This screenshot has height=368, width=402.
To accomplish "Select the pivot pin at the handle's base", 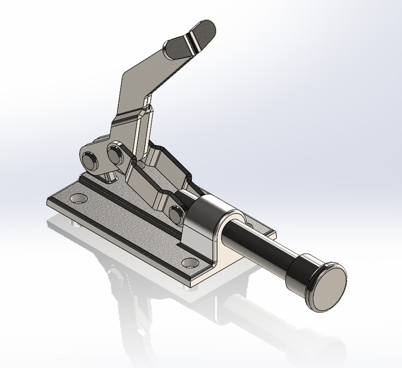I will [115, 154].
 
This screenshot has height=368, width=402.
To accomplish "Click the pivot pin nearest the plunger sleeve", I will [177, 214].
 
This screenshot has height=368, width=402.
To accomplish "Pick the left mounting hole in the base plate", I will [79, 198].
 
